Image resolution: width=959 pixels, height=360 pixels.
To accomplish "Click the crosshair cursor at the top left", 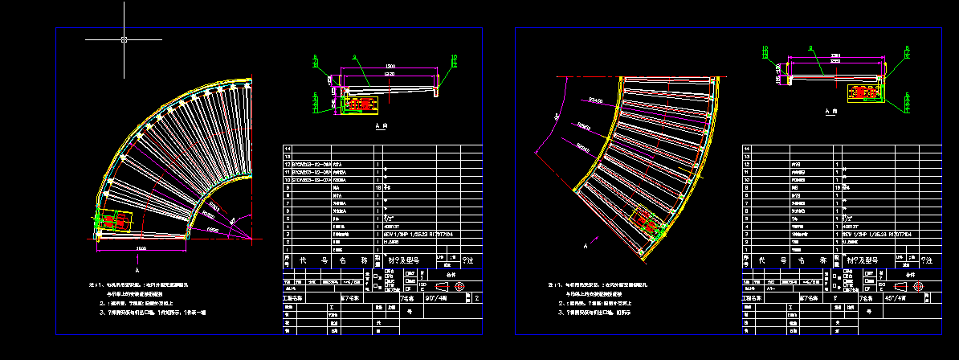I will (x=124, y=39).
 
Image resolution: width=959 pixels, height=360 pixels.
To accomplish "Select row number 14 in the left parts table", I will (x=286, y=149).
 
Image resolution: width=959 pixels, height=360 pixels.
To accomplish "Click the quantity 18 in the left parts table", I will (x=378, y=186).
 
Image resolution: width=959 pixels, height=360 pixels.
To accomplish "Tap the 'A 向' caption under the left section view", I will (x=382, y=127).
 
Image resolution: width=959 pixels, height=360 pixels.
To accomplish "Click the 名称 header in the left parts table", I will (x=348, y=260).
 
